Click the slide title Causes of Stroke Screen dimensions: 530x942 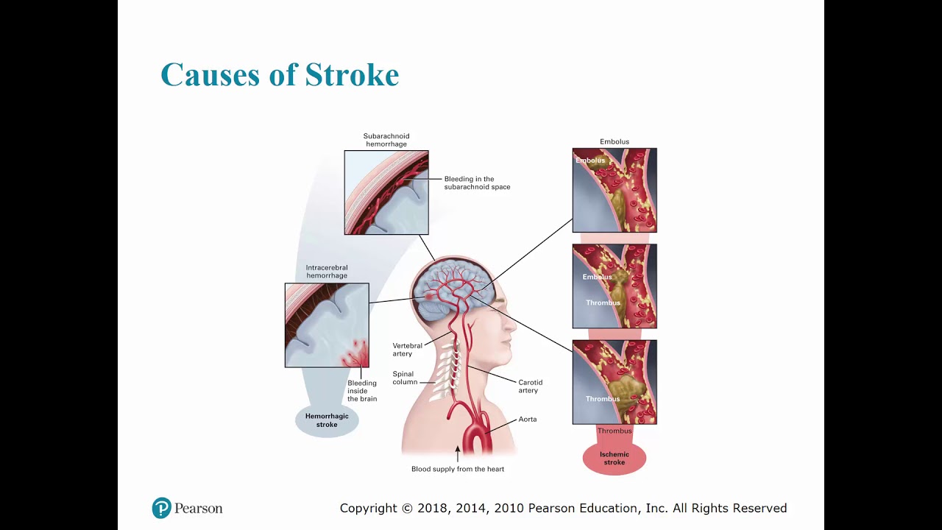point(280,75)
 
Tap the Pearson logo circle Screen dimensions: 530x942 point(162,508)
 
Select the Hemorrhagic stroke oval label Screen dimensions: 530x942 point(327,420)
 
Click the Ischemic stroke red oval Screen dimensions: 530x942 point(615,459)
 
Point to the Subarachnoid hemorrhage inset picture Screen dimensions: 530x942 point(386,193)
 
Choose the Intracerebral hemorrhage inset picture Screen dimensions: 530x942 point(327,325)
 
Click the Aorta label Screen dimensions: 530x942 point(528,420)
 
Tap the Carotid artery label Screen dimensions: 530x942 point(530,386)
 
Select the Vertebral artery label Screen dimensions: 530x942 point(407,350)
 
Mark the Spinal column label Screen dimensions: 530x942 point(405,378)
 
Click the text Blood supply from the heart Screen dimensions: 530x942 point(458,469)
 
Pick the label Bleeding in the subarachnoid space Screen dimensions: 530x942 point(477,183)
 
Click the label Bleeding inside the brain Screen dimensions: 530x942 point(362,391)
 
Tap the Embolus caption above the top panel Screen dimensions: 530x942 point(615,141)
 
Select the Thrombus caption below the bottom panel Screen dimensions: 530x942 point(615,431)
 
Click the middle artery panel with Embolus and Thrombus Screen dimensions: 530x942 point(615,286)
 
